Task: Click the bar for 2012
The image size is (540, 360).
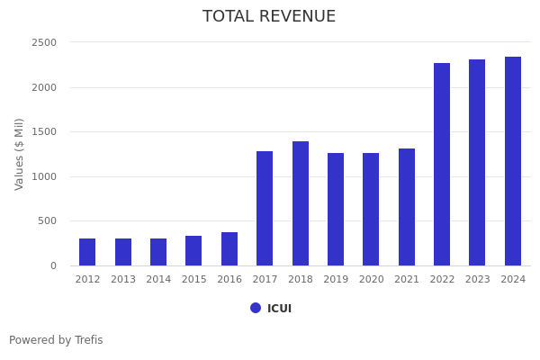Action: coord(87,252)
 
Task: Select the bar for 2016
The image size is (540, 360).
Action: coord(229,249)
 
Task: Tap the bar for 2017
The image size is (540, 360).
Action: coord(265,209)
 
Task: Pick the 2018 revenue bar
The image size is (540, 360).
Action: coord(301,203)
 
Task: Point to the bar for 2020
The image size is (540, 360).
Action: coord(371,210)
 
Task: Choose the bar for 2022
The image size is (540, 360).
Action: coord(442,165)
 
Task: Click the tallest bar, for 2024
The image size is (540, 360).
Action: coord(513,161)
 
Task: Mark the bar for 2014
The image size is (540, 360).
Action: coord(158,252)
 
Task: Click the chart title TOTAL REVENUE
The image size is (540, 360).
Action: coord(269,17)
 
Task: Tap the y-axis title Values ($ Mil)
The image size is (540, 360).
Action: coord(20,154)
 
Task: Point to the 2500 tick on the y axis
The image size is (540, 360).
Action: coord(44,42)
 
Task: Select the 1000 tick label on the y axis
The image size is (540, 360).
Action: coord(44,176)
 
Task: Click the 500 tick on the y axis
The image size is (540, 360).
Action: coord(47,221)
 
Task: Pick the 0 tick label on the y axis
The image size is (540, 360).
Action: coord(52,265)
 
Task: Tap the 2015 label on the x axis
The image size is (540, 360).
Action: coord(193,280)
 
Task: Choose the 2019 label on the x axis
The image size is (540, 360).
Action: coord(336,280)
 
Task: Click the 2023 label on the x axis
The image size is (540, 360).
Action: coord(478,280)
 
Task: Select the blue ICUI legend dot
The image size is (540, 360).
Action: coord(256,308)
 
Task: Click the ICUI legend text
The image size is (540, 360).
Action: coord(279,309)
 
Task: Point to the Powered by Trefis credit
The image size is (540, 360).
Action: coord(56,340)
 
